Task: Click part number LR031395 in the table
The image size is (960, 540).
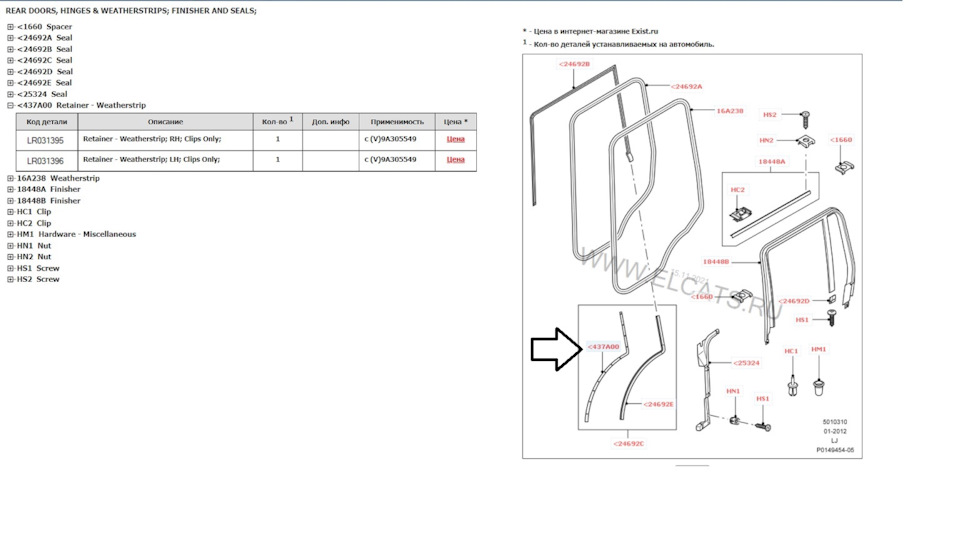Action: click(45, 140)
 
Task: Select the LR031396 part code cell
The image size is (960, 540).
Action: click(45, 160)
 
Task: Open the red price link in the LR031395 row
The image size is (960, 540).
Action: click(455, 140)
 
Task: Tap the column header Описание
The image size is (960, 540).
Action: click(165, 121)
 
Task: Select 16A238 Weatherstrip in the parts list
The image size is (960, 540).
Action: click(58, 178)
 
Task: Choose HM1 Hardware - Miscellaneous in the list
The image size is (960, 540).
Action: click(76, 234)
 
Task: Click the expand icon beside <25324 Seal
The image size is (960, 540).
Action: click(10, 94)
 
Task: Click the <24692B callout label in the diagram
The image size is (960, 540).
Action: click(574, 64)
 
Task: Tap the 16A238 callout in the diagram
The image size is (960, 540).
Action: click(730, 110)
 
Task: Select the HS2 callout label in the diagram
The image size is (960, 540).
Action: click(770, 115)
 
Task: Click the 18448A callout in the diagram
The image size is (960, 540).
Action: click(771, 161)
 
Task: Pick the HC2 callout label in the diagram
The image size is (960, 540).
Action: click(738, 189)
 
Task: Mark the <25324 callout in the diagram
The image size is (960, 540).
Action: click(747, 363)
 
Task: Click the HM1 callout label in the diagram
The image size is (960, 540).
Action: click(819, 349)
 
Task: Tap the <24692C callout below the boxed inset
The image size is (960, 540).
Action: click(628, 443)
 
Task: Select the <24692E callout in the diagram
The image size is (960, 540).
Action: click(658, 404)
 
